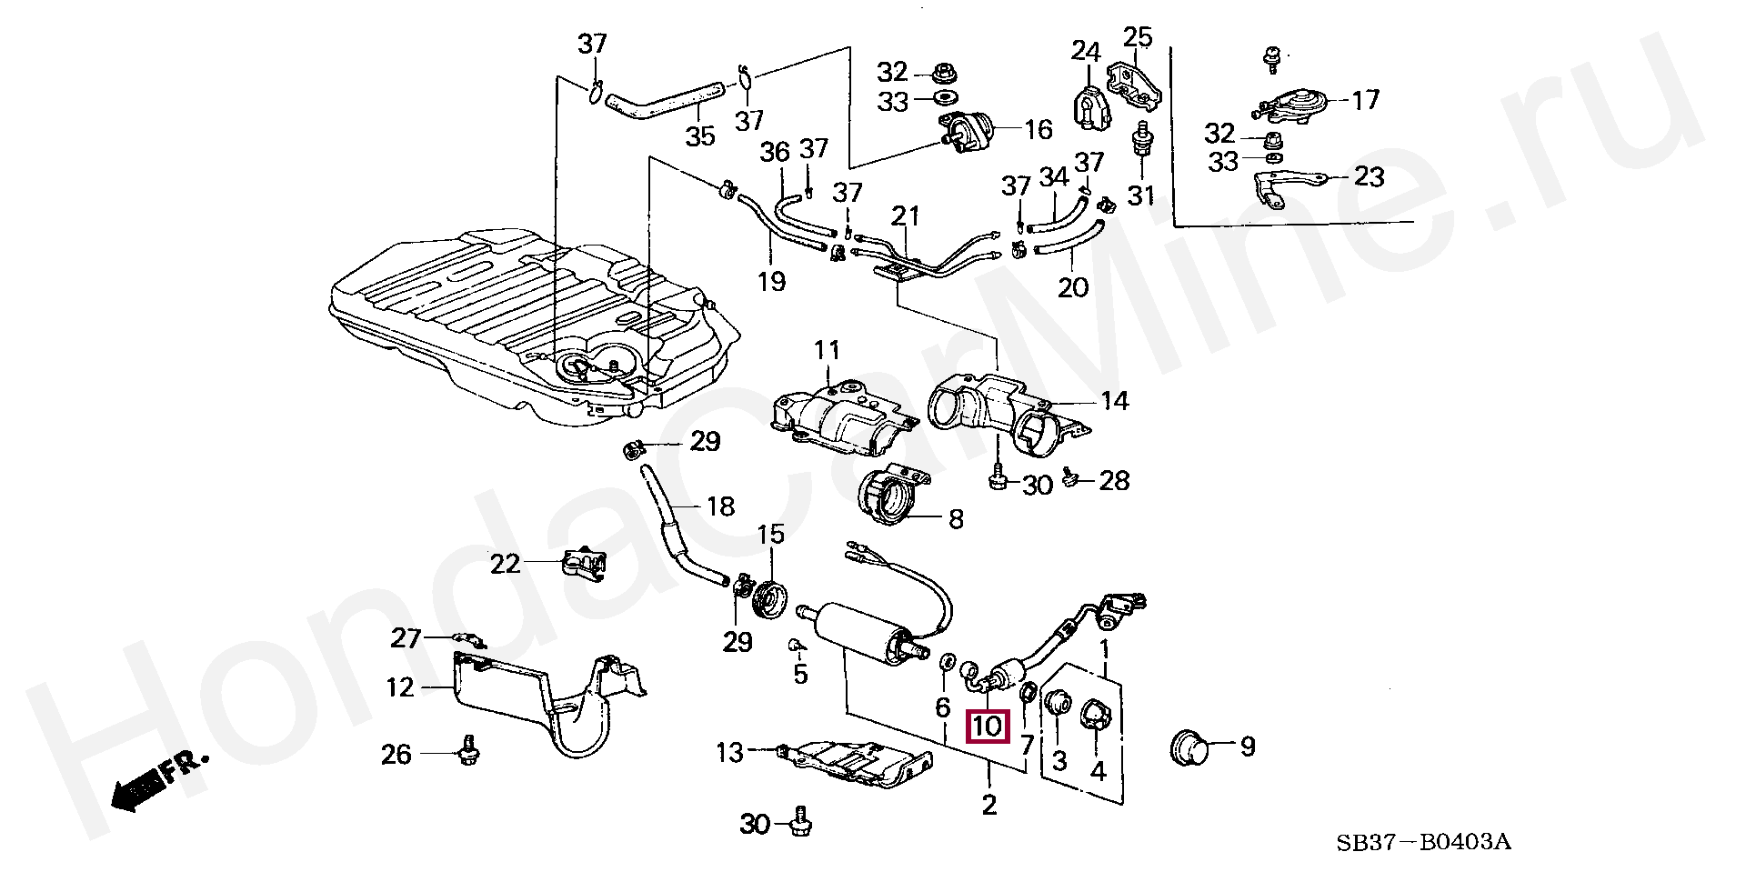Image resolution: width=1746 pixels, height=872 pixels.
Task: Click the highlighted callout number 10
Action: (x=987, y=726)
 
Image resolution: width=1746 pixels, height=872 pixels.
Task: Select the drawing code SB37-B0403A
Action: (x=1423, y=843)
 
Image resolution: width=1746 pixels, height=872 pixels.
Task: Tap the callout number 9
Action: (x=1248, y=747)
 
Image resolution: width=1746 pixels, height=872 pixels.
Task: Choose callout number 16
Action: (x=1038, y=130)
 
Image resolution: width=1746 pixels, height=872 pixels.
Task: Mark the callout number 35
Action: (x=699, y=136)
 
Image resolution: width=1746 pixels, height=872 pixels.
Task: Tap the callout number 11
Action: (x=828, y=350)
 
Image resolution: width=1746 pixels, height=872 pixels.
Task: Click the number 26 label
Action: (x=396, y=754)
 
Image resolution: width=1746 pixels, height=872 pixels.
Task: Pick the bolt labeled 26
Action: (x=471, y=751)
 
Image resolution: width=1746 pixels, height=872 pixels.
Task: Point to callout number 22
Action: (x=505, y=564)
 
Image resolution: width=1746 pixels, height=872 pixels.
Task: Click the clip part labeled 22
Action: (x=583, y=565)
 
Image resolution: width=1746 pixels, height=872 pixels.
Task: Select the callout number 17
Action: (x=1365, y=99)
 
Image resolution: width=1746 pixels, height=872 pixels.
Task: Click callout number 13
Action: (x=730, y=752)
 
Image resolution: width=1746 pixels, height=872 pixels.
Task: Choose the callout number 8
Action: (x=955, y=519)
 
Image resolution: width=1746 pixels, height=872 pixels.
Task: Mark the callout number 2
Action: (x=988, y=804)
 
